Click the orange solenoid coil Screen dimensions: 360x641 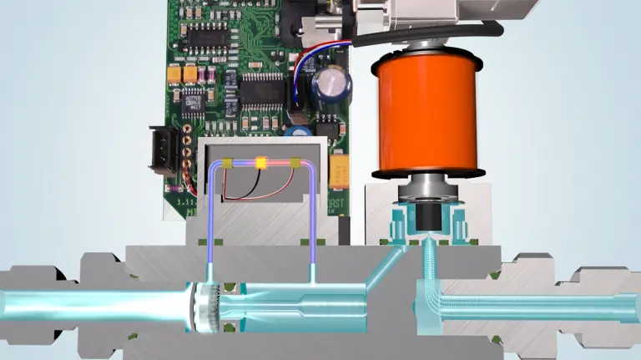click(426, 114)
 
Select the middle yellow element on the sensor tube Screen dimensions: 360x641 click(260, 164)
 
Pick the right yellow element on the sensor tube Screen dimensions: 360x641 click(295, 164)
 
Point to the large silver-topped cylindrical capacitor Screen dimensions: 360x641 click(332, 86)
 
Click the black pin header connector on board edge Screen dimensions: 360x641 click(165, 148)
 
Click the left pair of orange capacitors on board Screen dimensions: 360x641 click(184, 74)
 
